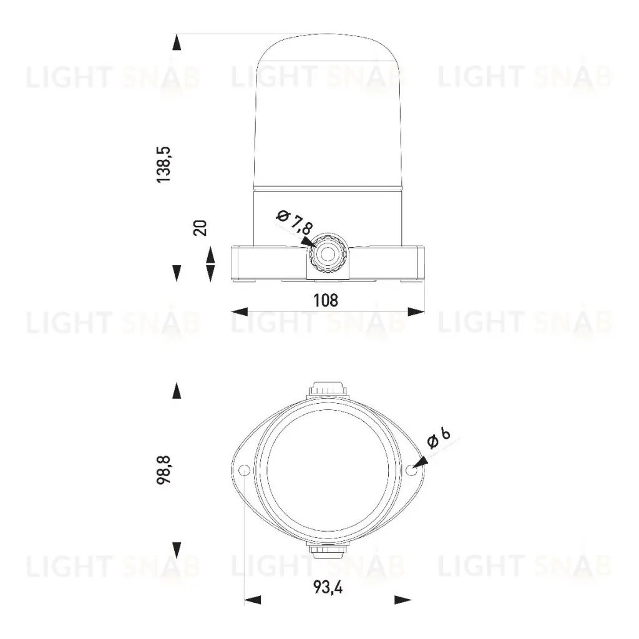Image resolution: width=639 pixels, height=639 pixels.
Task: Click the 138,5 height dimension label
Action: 164,164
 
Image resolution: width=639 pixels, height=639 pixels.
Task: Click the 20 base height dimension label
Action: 200,228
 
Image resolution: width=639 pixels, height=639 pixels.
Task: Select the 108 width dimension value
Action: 326,300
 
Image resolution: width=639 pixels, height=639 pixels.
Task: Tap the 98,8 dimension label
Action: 164,469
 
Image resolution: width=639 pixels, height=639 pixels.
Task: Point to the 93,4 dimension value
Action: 328,587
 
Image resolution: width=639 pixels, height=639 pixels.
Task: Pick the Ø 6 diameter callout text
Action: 439,437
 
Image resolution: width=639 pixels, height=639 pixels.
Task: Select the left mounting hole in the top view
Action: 245,470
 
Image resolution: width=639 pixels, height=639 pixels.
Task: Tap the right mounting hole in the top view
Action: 411,470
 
